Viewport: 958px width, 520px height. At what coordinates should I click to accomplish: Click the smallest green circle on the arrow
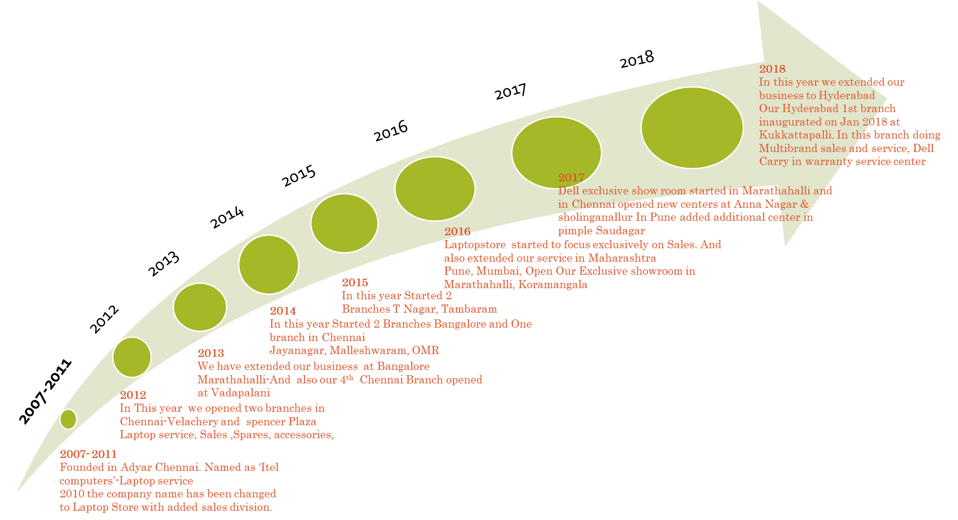coord(68,419)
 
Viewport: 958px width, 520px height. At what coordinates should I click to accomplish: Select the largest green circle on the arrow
coord(692,128)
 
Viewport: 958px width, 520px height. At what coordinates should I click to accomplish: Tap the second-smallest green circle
coord(132,357)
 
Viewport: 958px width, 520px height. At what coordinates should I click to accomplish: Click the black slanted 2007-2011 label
coord(45,392)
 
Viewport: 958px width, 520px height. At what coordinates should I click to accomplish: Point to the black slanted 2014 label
coord(227,217)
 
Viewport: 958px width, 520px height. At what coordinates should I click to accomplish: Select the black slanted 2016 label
coord(391,131)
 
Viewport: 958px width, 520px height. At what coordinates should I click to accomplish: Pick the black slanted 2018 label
coord(637,60)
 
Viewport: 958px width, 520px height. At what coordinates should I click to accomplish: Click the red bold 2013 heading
coord(211,354)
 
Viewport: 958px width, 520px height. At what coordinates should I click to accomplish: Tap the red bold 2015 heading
coord(355,282)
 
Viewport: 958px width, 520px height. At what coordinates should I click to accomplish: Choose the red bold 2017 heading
coord(571,178)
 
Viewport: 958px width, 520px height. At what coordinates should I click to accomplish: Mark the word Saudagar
coord(621,231)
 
